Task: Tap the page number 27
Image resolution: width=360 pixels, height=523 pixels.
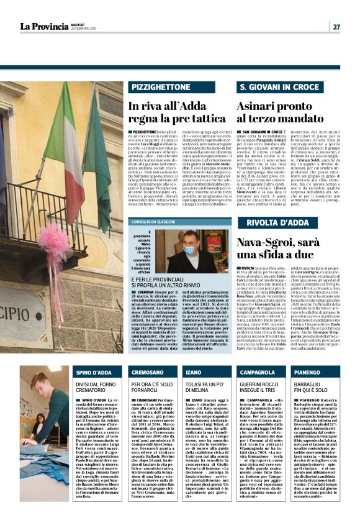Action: pos(336,27)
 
